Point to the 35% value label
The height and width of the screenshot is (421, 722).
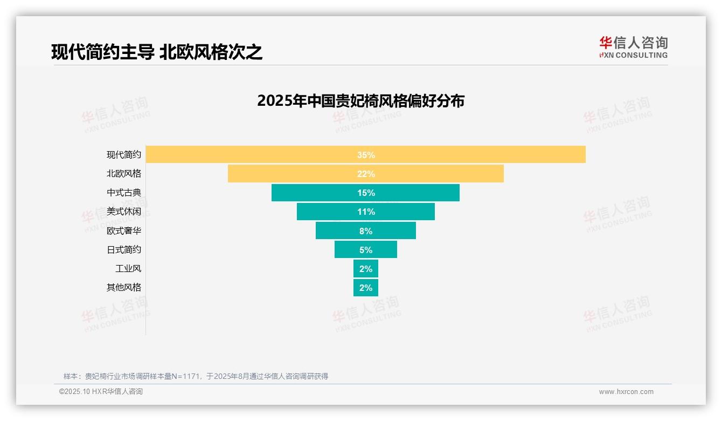366,155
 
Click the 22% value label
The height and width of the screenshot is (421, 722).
366,174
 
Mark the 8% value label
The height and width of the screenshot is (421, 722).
366,231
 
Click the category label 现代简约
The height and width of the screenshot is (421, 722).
124,155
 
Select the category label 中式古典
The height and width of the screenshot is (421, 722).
124,193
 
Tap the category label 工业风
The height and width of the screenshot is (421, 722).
128,268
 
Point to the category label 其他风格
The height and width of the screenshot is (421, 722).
124,287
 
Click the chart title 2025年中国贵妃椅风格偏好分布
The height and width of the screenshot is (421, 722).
360,101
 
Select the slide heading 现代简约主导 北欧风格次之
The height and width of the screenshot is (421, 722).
157,52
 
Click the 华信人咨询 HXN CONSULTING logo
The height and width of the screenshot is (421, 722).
633,47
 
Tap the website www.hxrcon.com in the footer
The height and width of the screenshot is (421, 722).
626,392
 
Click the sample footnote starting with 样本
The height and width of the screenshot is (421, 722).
196,376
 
